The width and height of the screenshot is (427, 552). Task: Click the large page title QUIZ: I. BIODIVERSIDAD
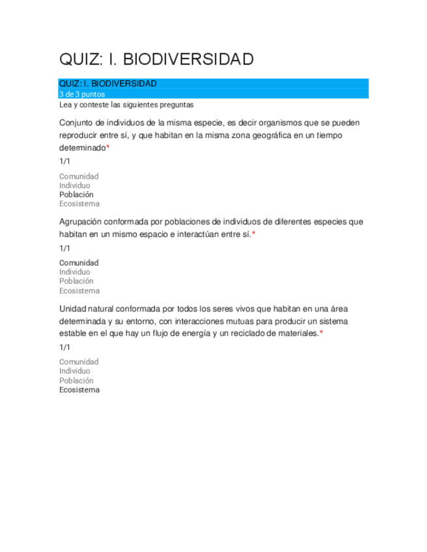(156, 60)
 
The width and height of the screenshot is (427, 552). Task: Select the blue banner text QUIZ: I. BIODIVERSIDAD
(108, 84)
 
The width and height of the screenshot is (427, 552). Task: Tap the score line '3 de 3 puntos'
(81, 94)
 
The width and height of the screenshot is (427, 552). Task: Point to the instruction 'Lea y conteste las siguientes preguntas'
(126, 105)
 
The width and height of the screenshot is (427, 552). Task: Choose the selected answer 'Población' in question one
(76, 195)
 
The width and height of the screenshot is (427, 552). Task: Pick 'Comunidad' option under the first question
(79, 176)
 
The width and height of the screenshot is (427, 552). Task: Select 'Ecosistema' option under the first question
(80, 204)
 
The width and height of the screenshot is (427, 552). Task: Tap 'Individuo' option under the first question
(75, 186)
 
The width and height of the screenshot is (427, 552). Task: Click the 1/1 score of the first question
(65, 161)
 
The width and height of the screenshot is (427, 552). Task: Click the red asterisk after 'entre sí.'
(254, 234)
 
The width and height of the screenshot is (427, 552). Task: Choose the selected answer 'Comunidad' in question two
(79, 263)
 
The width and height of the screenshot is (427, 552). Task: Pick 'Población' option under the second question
(76, 281)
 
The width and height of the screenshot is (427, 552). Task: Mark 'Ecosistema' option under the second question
(80, 291)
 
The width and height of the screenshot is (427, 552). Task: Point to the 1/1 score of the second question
(65, 248)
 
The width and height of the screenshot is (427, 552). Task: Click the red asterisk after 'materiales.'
(321, 333)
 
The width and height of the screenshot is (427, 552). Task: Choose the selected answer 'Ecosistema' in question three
(80, 390)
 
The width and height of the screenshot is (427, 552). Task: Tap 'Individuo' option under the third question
(75, 371)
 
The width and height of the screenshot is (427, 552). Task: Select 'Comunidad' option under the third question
(79, 362)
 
